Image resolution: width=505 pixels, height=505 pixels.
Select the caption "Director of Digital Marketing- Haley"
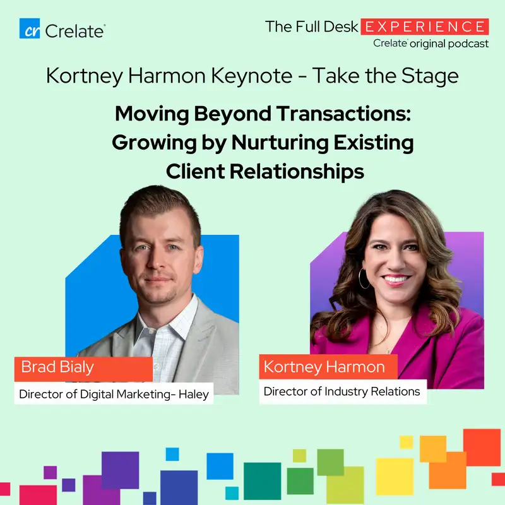114,395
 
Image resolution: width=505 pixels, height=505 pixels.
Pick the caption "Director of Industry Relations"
342,391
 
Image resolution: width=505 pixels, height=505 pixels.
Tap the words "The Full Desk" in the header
312,27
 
